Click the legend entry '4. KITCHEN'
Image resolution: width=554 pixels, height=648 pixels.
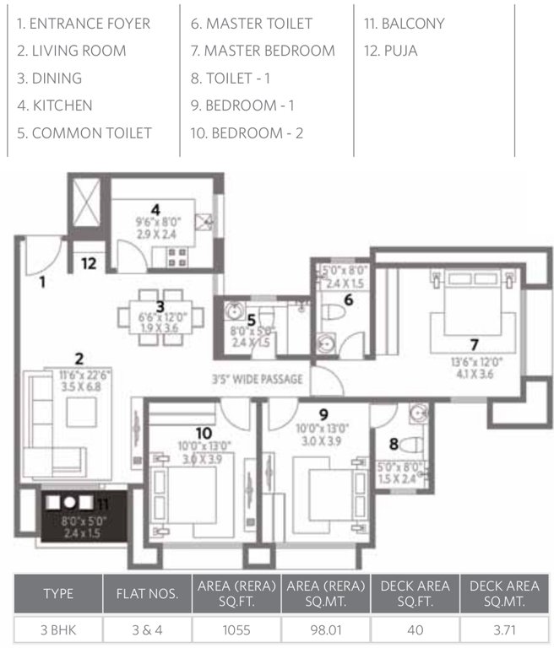tap(55, 105)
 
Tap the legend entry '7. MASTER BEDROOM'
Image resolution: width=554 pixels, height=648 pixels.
tap(263, 51)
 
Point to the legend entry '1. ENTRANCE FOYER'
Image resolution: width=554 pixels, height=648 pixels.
tap(83, 24)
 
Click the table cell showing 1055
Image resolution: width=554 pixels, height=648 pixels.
tap(234, 629)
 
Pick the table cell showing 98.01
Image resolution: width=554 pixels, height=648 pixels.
tap(325, 629)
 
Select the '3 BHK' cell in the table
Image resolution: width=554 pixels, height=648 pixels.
tap(58, 629)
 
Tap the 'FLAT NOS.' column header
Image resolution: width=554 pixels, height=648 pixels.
tap(146, 593)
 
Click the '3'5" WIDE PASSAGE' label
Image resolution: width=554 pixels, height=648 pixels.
tap(257, 380)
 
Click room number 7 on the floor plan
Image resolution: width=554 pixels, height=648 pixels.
tap(475, 343)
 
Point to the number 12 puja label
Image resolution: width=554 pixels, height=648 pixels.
tap(88, 263)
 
